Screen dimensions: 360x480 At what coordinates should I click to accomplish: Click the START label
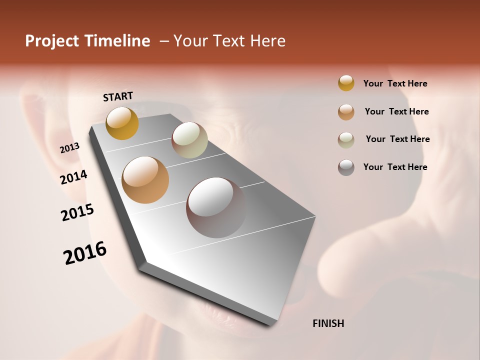tap(118, 96)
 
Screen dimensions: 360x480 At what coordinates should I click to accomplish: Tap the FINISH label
tap(328, 323)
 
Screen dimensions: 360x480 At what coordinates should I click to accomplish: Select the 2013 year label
tap(69, 148)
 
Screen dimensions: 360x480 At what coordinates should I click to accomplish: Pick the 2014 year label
tap(73, 177)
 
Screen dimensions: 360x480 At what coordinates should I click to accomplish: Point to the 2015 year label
tap(77, 212)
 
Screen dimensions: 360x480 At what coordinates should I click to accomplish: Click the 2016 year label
tap(85, 253)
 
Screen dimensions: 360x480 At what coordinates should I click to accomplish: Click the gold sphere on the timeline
tap(122, 123)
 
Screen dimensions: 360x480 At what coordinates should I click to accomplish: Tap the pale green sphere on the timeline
tap(189, 140)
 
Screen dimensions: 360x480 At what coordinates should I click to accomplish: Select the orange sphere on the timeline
tap(145, 180)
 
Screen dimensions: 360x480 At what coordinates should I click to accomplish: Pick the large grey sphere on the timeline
tap(216, 207)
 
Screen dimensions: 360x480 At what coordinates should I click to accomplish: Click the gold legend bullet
tap(346, 83)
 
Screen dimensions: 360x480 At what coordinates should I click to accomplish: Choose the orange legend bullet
tap(346, 111)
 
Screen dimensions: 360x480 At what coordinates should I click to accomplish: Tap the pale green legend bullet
tap(346, 139)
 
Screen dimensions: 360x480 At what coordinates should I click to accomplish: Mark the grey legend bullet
tap(346, 167)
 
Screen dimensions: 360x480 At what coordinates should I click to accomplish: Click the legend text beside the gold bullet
tap(395, 83)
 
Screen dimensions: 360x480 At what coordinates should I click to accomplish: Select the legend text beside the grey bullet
tap(395, 167)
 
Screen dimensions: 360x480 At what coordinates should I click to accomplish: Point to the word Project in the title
tap(52, 41)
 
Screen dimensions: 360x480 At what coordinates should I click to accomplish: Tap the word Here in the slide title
tap(267, 41)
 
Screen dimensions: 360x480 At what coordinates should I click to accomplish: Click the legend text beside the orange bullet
tap(396, 111)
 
